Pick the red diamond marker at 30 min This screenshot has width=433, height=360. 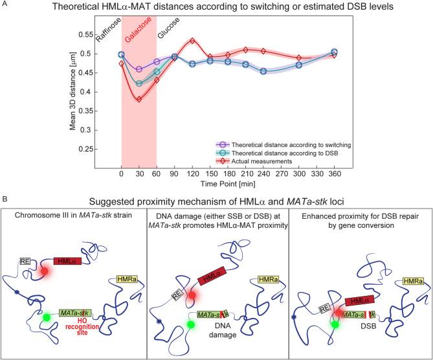click(x=139, y=99)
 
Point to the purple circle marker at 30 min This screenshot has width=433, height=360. click(x=139, y=69)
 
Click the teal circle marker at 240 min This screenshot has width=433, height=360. click(x=263, y=71)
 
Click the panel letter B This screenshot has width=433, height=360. click(x=5, y=206)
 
